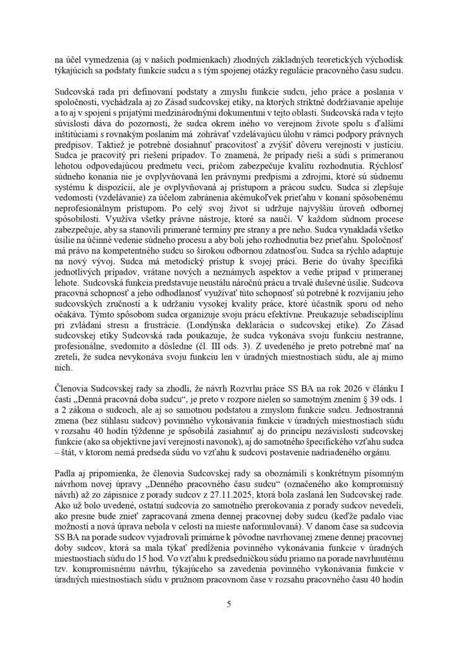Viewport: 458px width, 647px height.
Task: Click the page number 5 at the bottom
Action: tap(229, 604)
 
